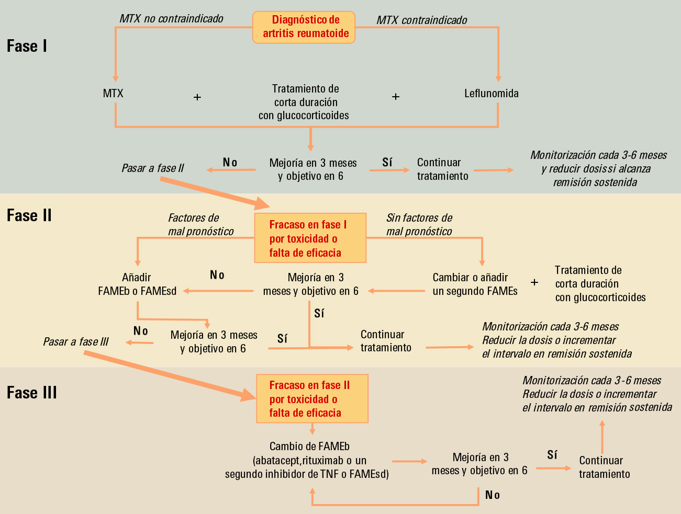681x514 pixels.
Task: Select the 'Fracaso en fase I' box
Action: tap(310, 238)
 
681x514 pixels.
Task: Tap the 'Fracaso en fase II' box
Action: tap(312, 399)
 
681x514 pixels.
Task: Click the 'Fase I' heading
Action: tap(27, 46)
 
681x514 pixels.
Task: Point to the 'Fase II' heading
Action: tap(29, 215)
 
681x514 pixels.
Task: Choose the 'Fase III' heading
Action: tap(32, 393)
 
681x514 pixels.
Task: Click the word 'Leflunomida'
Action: tap(492, 94)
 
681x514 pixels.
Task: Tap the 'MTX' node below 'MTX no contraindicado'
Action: tap(113, 94)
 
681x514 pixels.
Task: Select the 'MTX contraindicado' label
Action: tap(422, 20)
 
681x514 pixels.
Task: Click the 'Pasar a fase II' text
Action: tap(153, 168)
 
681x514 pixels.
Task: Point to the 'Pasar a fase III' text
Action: tap(76, 342)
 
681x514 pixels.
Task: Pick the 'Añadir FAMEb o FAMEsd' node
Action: tap(137, 284)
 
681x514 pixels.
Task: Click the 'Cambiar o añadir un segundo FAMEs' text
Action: tap(475, 284)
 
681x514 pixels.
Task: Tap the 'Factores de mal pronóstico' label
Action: tap(200, 225)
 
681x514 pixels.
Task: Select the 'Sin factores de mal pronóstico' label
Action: tap(419, 225)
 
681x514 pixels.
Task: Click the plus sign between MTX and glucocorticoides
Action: tap(197, 97)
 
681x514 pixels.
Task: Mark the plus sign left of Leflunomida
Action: tap(396, 97)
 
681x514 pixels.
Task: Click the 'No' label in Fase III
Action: tap(493, 495)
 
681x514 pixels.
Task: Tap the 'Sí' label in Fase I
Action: tap(387, 163)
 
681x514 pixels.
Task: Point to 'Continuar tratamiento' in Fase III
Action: tap(604, 467)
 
